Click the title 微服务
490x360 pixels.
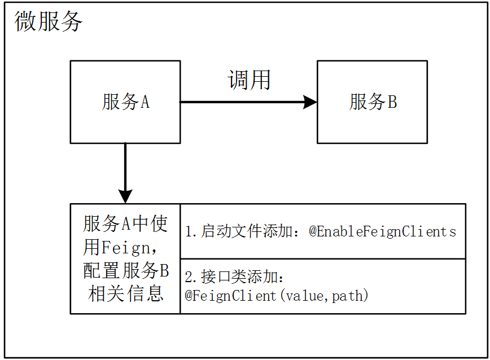coord(48,21)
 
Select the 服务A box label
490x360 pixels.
coord(126,102)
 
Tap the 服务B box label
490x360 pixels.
coord(373,102)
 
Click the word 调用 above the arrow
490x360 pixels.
coord(249,80)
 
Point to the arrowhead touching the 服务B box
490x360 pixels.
coord(310,102)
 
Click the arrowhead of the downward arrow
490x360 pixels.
coord(125,196)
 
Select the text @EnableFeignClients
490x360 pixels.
coord(383,232)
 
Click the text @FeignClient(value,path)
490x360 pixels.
coord(277,295)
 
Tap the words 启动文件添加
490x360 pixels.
coord(247,231)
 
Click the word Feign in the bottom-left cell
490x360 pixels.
coord(125,248)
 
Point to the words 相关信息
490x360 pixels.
coord(126,293)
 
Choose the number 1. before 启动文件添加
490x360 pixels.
coord(191,232)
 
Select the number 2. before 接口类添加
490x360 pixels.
coord(191,277)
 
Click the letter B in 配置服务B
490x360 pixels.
coord(164,270)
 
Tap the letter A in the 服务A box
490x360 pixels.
coord(145,102)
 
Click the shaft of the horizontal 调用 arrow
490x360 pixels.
coord(242,102)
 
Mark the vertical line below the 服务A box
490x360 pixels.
coord(125,166)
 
